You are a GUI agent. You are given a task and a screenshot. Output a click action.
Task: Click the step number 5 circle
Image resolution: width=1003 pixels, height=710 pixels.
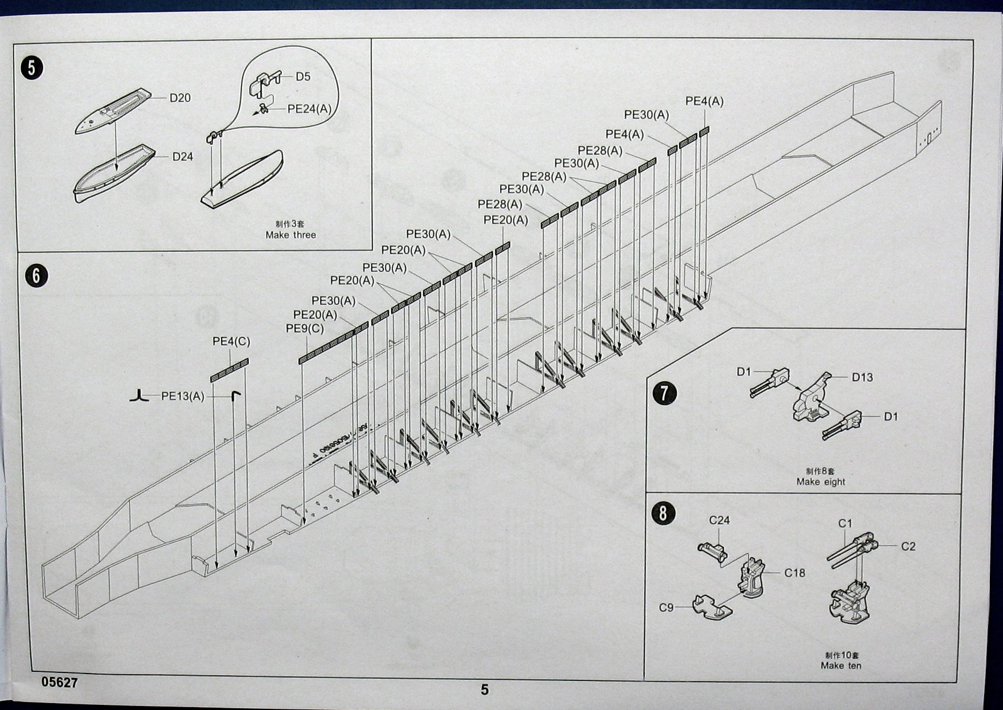pos(31,68)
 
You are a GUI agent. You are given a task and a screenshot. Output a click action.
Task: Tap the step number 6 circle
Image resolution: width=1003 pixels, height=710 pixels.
pos(36,276)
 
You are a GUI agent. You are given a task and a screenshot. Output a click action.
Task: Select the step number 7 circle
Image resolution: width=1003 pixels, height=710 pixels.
pos(665,394)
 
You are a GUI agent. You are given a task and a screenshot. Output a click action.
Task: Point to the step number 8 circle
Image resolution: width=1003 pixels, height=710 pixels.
pos(662,513)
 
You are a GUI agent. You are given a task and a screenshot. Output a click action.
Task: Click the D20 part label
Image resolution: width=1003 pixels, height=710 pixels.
pos(180,98)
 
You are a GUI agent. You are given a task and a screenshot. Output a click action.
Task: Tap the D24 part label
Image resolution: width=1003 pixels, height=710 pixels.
pos(183,157)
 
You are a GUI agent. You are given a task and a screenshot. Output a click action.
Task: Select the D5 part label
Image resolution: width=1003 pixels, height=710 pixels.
pos(303,77)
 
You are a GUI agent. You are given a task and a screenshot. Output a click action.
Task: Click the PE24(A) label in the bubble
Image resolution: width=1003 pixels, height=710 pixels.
pos(309,109)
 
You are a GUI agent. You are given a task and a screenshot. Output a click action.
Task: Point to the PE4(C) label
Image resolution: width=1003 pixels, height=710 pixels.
pos(231,341)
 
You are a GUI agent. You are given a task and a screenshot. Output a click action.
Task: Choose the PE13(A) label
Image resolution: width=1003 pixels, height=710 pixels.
pos(182,396)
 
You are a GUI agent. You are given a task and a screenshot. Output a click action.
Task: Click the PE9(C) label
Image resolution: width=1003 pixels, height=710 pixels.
pos(305,329)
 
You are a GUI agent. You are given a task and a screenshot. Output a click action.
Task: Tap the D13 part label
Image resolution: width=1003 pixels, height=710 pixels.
pos(862,377)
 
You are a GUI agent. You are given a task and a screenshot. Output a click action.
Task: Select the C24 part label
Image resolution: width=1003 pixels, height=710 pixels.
pos(719,520)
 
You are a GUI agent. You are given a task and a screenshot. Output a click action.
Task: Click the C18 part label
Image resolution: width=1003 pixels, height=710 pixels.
pos(795,573)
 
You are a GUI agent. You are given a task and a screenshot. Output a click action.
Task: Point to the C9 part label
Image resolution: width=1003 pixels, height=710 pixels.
pos(666,608)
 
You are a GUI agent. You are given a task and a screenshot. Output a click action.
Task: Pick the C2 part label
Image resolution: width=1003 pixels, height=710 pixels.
pos(908,546)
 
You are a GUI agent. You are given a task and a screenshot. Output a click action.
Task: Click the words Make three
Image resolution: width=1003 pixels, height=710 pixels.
pos(290,235)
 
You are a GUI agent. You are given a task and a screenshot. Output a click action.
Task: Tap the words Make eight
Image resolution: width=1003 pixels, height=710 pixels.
pos(821,482)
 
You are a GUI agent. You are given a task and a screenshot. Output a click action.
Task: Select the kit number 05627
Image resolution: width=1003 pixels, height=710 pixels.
pos(59,683)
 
